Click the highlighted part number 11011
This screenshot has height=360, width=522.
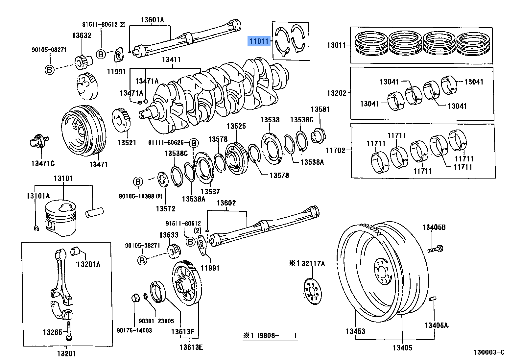point(259,41)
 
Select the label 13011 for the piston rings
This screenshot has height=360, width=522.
point(336,45)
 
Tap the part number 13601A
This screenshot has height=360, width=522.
point(152,20)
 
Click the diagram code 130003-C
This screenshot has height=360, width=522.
point(488,352)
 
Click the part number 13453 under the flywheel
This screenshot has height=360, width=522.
point(355,331)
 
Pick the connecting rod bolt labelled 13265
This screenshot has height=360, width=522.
point(69,331)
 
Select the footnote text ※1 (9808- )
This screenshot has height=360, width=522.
point(270,336)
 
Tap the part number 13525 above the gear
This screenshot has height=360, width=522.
point(236,126)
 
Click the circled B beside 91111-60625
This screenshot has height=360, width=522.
point(194,143)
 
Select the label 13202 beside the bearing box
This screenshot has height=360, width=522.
point(337,93)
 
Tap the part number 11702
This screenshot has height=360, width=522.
point(335,150)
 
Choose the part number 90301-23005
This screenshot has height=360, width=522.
point(156,321)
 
